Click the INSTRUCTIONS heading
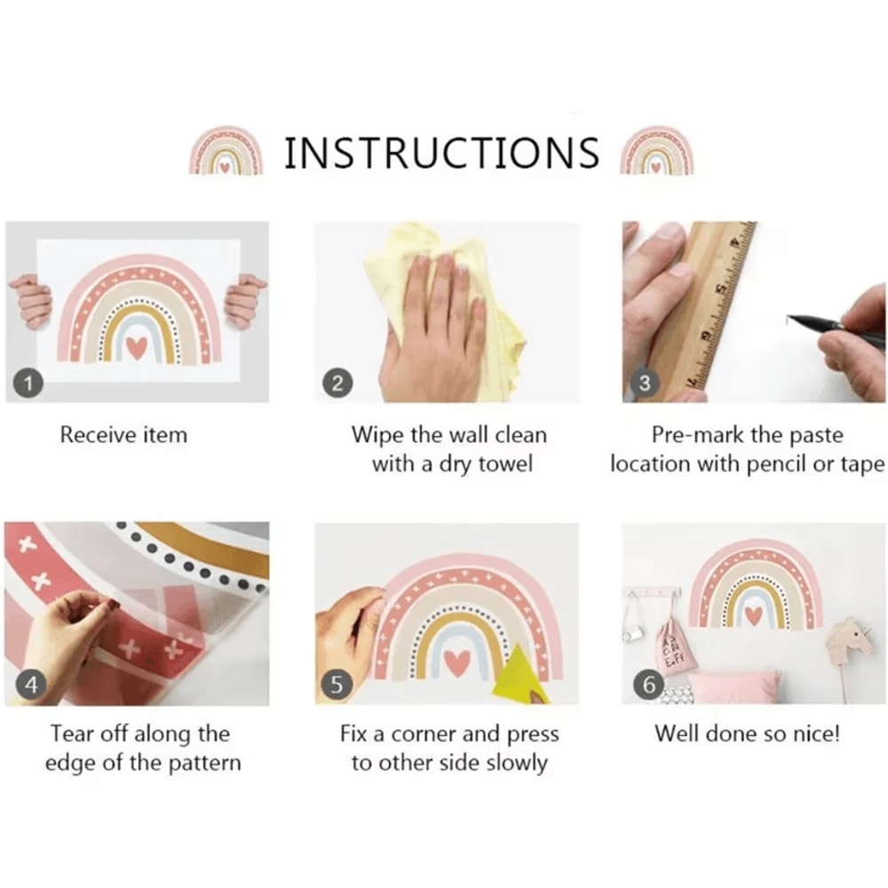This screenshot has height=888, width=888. (x=441, y=153)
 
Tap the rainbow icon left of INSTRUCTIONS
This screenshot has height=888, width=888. (x=226, y=149)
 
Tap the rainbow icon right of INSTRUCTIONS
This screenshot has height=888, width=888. (x=657, y=149)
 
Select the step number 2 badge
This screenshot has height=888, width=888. (x=337, y=384)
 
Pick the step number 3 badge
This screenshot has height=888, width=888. (x=644, y=384)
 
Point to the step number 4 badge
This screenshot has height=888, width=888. (x=30, y=685)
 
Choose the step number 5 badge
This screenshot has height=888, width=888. (x=337, y=685)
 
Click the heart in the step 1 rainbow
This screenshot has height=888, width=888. (x=137, y=347)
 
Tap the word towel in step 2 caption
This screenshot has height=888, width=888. (x=505, y=464)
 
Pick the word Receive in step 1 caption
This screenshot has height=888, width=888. (x=98, y=435)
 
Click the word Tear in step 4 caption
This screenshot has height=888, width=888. (x=71, y=734)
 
